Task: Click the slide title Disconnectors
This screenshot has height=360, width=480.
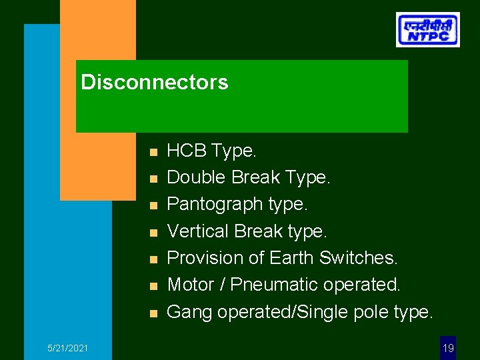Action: click(x=154, y=83)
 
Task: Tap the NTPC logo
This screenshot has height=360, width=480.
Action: click(x=427, y=29)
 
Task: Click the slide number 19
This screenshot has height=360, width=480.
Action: click(x=448, y=348)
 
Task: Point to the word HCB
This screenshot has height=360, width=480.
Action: click(x=187, y=151)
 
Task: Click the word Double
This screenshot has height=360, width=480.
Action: click(x=195, y=178)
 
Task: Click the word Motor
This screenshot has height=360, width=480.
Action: click(x=189, y=285)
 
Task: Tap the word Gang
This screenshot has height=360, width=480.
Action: click(x=188, y=311)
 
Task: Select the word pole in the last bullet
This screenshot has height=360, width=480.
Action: click(x=368, y=311)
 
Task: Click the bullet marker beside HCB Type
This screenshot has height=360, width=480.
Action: click(x=153, y=153)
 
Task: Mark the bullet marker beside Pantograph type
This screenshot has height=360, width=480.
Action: click(x=153, y=206)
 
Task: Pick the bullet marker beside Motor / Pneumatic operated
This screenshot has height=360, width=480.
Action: click(x=153, y=286)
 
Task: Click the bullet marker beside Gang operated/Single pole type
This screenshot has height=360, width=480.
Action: click(x=153, y=313)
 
